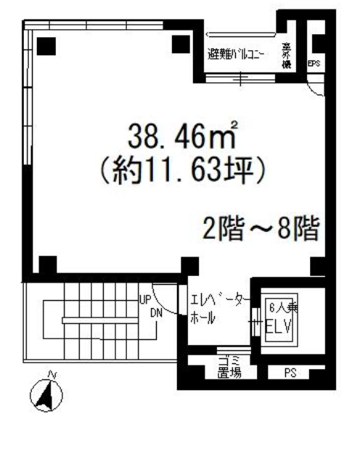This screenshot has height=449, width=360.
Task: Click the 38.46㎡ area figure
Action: (x=184, y=137)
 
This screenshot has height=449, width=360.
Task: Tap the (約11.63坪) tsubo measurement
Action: (x=184, y=171)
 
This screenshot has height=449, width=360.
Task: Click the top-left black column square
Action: (x=46, y=45)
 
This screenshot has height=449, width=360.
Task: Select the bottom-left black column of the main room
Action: (x=47, y=266)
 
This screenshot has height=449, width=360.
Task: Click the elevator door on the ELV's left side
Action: (x=255, y=317)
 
